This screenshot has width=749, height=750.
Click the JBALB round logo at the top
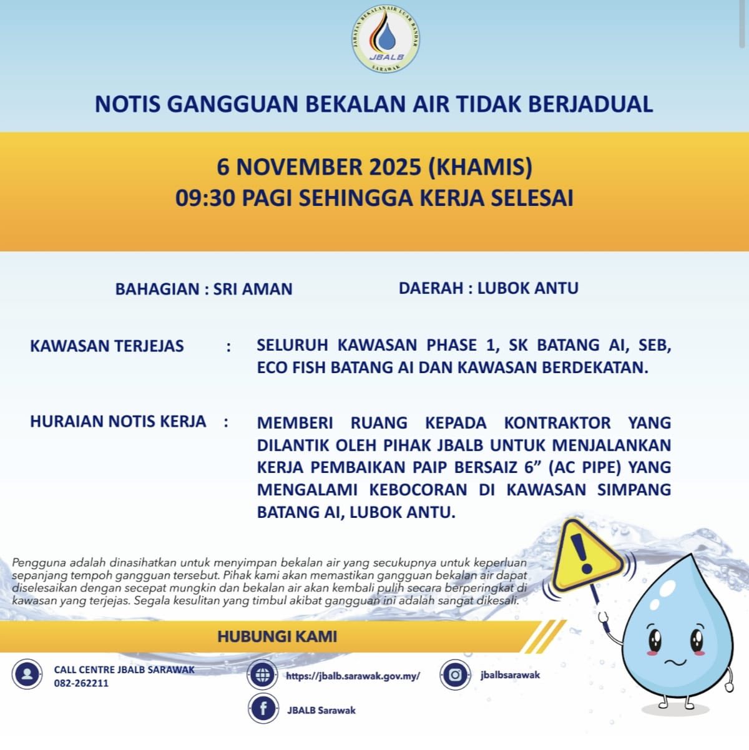click(x=386, y=39)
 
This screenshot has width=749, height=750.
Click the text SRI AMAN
click(x=253, y=289)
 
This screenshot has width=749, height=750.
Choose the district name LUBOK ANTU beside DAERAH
click(x=528, y=288)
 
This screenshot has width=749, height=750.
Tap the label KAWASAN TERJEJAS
click(x=107, y=346)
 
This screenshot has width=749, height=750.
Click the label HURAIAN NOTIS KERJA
click(x=118, y=421)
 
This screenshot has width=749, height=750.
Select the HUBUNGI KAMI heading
click(x=277, y=636)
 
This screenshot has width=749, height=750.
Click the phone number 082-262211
click(x=81, y=683)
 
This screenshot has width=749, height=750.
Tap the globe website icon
click(x=263, y=675)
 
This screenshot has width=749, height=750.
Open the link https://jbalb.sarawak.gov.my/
click(x=353, y=676)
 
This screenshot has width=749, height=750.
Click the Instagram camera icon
click(x=456, y=675)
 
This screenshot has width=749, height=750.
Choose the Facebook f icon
click(x=263, y=709)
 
